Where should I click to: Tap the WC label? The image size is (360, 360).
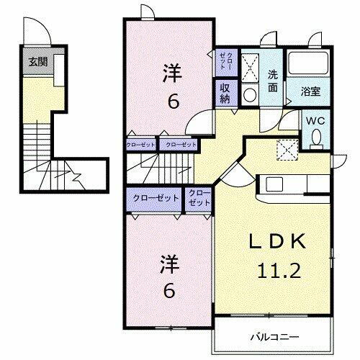[316, 122]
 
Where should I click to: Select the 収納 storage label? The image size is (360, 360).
[225, 93]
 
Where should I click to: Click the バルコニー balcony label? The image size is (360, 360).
[276, 336]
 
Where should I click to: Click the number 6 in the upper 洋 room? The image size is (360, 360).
[173, 102]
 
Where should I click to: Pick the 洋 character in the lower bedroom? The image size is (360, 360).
[166, 264]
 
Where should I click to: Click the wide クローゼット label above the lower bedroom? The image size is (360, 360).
[156, 197]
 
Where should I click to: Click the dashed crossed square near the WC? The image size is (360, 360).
[287, 148]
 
